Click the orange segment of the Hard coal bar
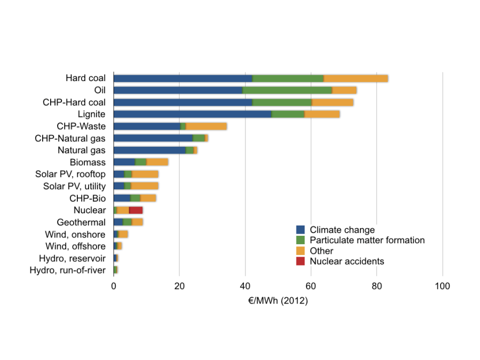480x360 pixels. point(356,78)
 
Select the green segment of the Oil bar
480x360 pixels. point(287,90)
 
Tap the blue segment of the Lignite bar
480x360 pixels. point(192,114)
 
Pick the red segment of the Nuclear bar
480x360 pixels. point(135,210)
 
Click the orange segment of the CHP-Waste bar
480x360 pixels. point(206,126)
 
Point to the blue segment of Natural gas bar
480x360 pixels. point(149,150)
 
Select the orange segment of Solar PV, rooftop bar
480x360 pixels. point(145,174)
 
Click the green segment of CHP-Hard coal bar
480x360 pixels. point(282,102)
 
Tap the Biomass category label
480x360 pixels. point(87,162)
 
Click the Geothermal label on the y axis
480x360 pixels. point(81,222)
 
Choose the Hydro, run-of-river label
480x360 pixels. point(68,270)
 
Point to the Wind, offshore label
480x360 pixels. point(75,246)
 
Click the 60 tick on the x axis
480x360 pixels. point(311,286)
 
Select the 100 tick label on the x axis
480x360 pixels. point(443,286)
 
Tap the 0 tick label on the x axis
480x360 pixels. point(114,286)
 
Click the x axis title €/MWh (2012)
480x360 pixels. point(278,301)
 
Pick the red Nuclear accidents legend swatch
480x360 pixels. point(300,261)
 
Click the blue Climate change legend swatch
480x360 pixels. point(300,230)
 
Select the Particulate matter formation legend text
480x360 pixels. point(367,241)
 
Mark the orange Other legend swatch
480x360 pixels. point(300,251)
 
